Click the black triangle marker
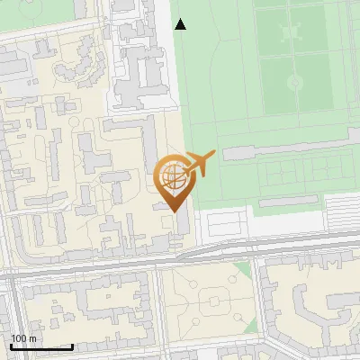tap(180, 24)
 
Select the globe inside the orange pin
tap(171, 175)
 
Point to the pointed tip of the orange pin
tap(172, 211)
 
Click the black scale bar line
tap(41, 346)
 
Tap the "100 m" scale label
tap(23, 338)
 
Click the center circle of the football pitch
tap(295, 81)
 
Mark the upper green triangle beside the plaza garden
tap(241, 271)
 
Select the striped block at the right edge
tap(341, 211)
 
